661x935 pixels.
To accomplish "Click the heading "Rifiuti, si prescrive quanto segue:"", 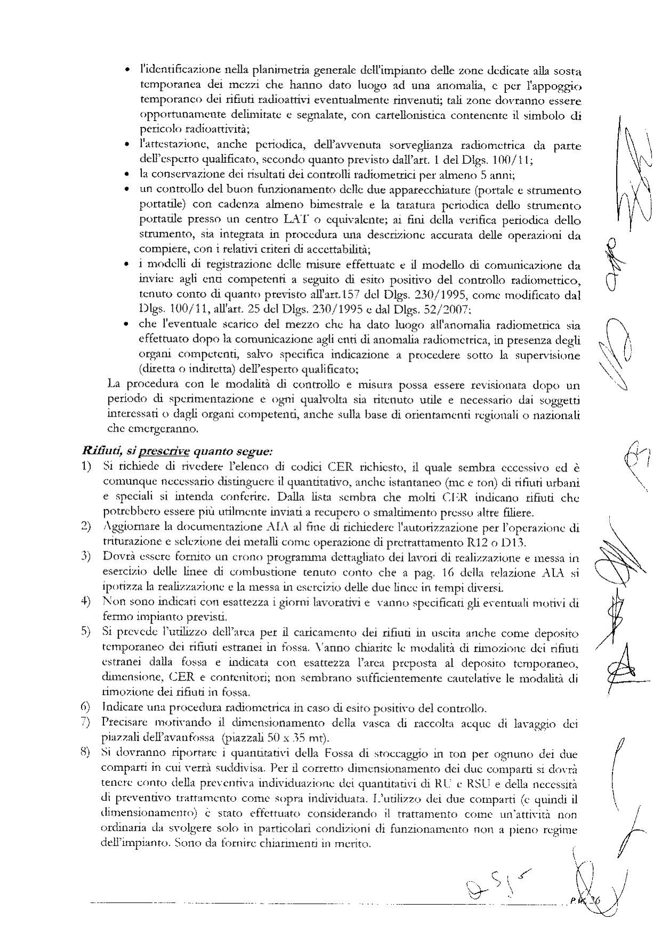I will [177, 451].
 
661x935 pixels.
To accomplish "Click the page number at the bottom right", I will [591, 900].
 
